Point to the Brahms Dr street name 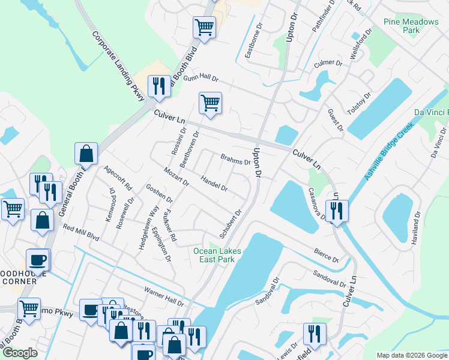point(235,161)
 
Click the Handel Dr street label point(214,184)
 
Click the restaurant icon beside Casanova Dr point(337,211)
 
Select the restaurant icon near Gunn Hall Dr point(158,86)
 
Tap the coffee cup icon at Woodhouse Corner point(38,260)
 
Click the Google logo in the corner point(19,353)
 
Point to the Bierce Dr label point(326,255)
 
